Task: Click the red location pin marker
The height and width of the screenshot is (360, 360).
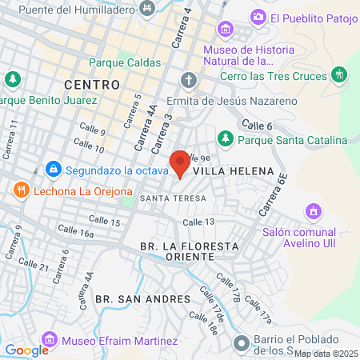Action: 180,163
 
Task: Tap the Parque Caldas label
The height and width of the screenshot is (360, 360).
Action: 125,62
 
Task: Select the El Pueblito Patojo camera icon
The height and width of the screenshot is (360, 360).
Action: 258,17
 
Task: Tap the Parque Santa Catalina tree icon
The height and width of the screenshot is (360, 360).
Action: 226,139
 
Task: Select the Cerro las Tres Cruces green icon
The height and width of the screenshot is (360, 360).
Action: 340,75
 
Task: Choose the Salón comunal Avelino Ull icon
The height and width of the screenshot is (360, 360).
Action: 313,211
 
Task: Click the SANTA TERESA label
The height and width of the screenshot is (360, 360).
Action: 173,198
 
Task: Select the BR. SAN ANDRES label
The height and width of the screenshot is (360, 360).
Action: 142,298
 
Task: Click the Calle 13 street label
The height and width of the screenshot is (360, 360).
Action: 199,222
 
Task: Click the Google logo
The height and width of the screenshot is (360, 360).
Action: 26,350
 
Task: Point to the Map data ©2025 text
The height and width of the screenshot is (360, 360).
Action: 326,353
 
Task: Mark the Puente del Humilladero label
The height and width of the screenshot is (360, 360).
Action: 77,9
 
